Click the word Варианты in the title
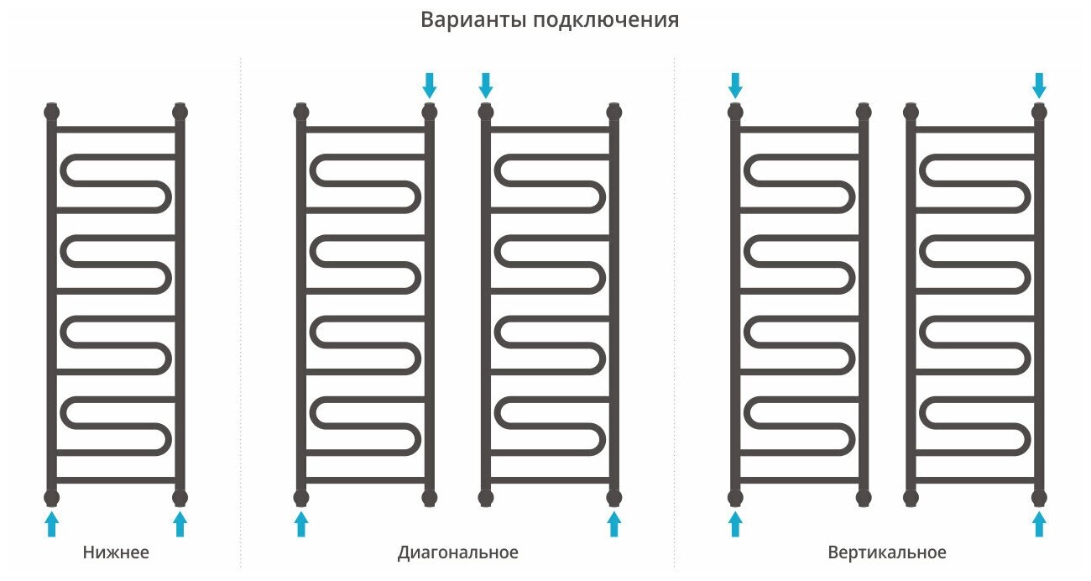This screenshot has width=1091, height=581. pyautogui.click(x=472, y=20)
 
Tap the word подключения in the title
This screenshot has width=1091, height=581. pyautogui.click(x=605, y=21)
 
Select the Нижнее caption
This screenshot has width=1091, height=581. pyautogui.click(x=116, y=552)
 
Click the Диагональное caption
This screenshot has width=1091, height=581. pyautogui.click(x=457, y=552)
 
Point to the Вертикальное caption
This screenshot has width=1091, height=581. pyautogui.click(x=886, y=552)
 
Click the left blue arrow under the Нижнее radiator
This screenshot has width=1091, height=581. pyautogui.click(x=52, y=524)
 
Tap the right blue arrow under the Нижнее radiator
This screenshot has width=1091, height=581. pyautogui.click(x=180, y=524)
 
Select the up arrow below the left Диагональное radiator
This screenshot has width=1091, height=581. pyautogui.click(x=301, y=524)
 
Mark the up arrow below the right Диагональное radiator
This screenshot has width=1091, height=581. pyautogui.click(x=613, y=524)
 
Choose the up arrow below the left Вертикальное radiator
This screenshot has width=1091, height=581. pyautogui.click(x=735, y=524)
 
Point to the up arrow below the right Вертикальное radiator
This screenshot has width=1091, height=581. pyautogui.click(x=1039, y=524)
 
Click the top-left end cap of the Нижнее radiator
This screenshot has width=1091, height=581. pyautogui.click(x=52, y=111)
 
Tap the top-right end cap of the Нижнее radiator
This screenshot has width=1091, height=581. pyautogui.click(x=180, y=111)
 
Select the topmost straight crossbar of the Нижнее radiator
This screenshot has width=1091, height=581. pyautogui.click(x=116, y=129)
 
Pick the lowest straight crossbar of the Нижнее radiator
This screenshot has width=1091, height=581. pyautogui.click(x=116, y=480)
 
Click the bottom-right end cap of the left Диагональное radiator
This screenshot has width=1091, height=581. pyautogui.click(x=430, y=497)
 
